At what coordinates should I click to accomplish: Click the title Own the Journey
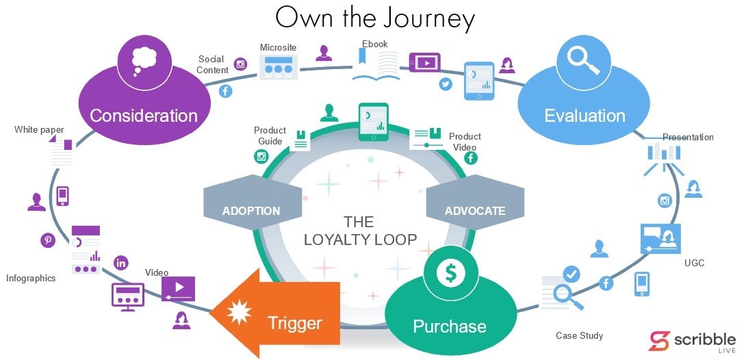tap(374, 18)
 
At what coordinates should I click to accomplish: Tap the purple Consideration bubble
tap(144, 115)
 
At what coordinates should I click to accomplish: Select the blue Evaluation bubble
tap(584, 115)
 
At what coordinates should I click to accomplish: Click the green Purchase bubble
tap(450, 326)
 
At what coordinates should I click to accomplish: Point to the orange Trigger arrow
tap(281, 313)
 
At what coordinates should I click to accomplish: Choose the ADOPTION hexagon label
tap(251, 210)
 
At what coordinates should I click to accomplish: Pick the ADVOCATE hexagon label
tap(475, 210)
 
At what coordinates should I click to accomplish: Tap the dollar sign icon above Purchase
tap(450, 272)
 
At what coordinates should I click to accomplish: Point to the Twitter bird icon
tap(446, 84)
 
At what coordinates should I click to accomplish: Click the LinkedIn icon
tap(122, 262)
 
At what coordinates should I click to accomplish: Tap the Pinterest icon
tap(48, 240)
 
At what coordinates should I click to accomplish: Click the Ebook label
tap(375, 44)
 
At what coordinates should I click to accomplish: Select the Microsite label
tap(278, 47)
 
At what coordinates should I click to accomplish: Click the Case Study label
tap(579, 335)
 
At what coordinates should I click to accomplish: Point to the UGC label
tap(694, 263)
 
